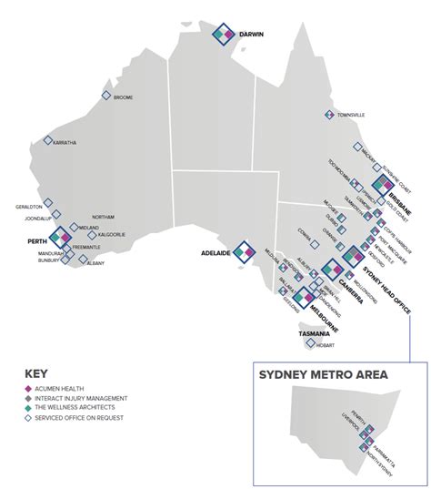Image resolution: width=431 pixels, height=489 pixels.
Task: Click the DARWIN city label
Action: click(251, 35)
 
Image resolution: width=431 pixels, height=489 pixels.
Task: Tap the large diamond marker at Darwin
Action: click(224, 34)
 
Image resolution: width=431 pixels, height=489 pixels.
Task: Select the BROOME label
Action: click(124, 97)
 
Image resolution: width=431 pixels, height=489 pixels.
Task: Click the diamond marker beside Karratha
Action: click(48, 142)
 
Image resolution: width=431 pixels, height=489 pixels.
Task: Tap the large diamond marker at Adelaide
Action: click(244, 251)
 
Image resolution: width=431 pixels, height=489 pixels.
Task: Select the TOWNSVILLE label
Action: click(351, 116)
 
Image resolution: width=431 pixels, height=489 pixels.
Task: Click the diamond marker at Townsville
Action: click(330, 115)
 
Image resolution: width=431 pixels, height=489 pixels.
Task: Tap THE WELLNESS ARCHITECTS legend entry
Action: click(79, 408)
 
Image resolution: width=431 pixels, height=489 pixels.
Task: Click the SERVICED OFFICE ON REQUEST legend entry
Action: click(85, 417)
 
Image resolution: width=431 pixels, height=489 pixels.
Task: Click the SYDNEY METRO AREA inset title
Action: click(323, 375)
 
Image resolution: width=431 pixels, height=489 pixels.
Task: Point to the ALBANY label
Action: click(95, 262)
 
